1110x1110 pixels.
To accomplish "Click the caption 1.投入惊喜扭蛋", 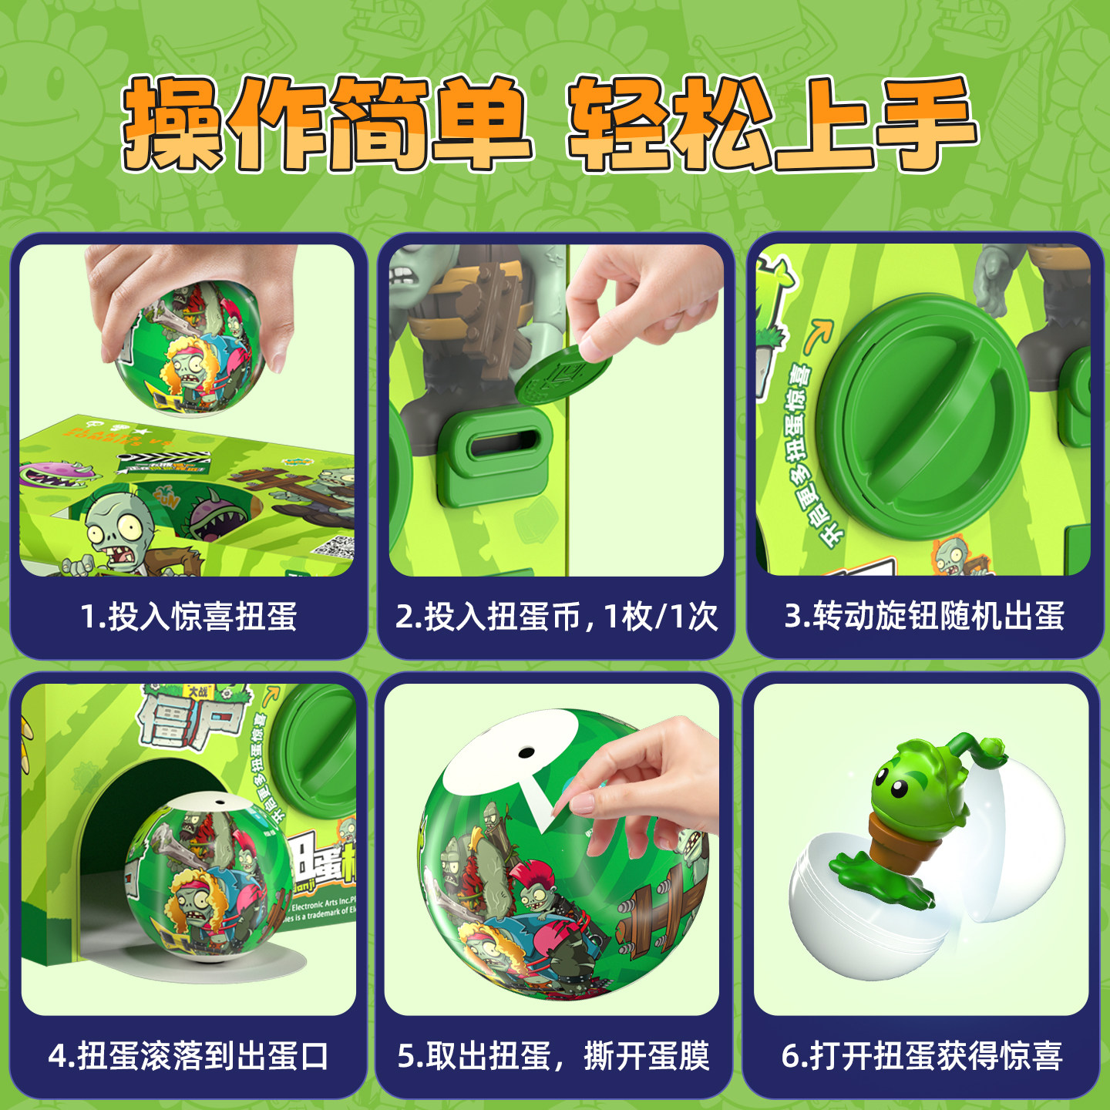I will [188, 617].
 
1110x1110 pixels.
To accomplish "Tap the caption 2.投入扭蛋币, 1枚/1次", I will [556, 617].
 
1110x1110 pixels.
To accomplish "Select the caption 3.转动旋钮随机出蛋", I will [924, 616].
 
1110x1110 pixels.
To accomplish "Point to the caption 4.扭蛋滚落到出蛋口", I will [188, 1056].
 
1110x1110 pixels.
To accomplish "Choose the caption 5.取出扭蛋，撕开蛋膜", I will [553, 1056].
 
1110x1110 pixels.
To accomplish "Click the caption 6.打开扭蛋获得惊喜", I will [922, 1056].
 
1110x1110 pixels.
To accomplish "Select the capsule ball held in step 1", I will [190, 347].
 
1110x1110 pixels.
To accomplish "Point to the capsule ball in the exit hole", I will [208, 879].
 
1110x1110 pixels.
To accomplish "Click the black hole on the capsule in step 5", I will [526, 751].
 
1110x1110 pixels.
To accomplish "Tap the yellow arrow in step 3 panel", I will [818, 335].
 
